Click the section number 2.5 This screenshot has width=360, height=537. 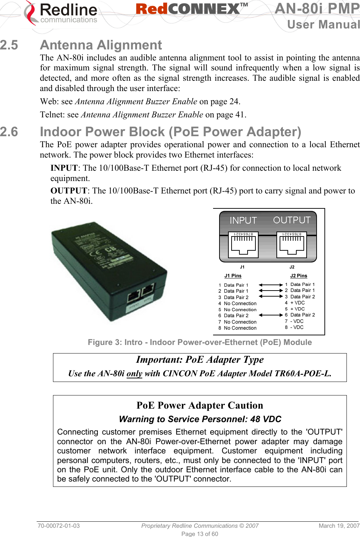9,45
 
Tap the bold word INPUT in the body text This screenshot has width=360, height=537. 64,168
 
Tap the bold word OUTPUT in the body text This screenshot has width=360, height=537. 69,191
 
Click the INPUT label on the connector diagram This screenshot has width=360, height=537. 243,220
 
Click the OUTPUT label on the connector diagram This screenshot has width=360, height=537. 292,220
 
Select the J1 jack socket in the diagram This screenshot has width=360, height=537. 243,245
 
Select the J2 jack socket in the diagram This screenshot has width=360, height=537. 292,245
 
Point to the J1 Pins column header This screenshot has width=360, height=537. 233,276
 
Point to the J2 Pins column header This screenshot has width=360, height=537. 298,276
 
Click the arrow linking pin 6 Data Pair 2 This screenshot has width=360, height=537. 271,315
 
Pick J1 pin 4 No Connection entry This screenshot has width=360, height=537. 237,303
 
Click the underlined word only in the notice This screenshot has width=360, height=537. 134,373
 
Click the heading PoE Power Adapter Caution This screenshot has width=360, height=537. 200,405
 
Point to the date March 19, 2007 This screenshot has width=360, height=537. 339,526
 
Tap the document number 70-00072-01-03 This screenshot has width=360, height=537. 59,526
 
